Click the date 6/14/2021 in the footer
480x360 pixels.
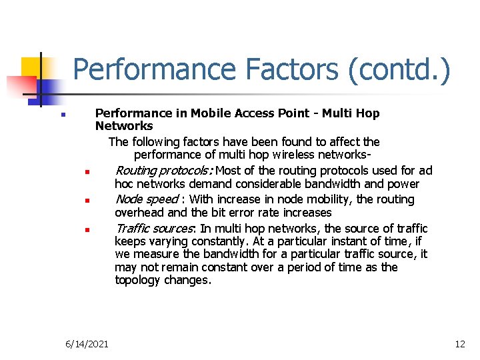(x=87, y=344)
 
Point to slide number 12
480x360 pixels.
(x=459, y=344)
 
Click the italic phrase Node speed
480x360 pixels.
(x=147, y=199)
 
